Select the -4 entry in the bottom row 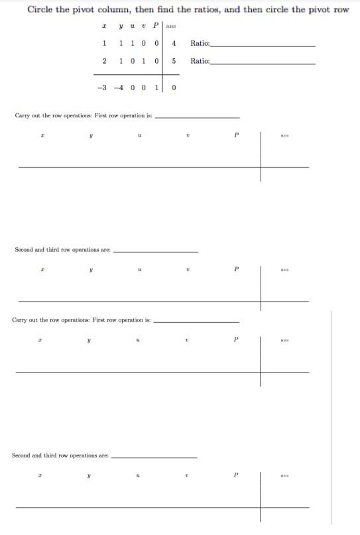[119, 88]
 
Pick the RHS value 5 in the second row [173, 60]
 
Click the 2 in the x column [104, 60]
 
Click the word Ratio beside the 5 [200, 60]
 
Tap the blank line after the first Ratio [263, 45]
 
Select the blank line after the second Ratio [263, 63]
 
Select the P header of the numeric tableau [156, 27]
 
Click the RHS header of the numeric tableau [170, 27]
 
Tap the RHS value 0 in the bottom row [173, 88]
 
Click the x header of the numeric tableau [105, 27]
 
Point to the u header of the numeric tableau [133, 27]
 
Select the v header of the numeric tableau [144, 27]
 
